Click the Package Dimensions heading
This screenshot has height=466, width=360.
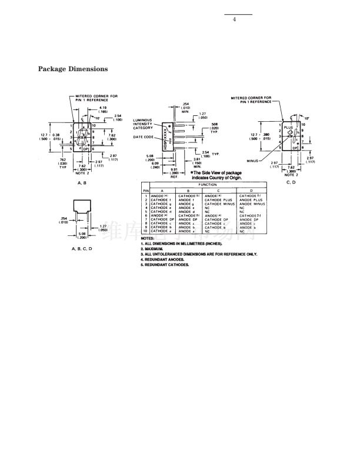point(73,69)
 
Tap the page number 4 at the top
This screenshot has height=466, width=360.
point(235,20)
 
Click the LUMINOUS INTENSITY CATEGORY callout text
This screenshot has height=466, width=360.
point(143,124)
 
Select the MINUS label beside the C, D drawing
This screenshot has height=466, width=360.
point(254,159)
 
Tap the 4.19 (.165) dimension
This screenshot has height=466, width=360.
point(102,109)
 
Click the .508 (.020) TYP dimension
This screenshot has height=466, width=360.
point(214,128)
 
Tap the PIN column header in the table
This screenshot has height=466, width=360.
point(145,189)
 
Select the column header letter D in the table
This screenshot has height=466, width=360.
point(251,190)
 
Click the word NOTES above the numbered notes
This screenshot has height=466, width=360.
point(147,238)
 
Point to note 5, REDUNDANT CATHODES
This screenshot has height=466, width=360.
point(165,265)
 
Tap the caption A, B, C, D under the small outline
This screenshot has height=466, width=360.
point(82,249)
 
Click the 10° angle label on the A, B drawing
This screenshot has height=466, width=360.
point(98,119)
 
